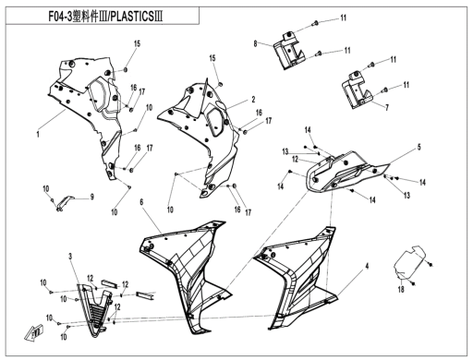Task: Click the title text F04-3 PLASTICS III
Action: click(x=105, y=17)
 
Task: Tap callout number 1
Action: click(x=38, y=135)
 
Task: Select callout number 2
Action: click(x=253, y=100)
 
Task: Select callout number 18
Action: click(x=401, y=289)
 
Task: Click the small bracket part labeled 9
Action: click(x=65, y=203)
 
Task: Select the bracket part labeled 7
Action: click(x=358, y=90)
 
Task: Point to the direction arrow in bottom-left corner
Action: click(x=34, y=332)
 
